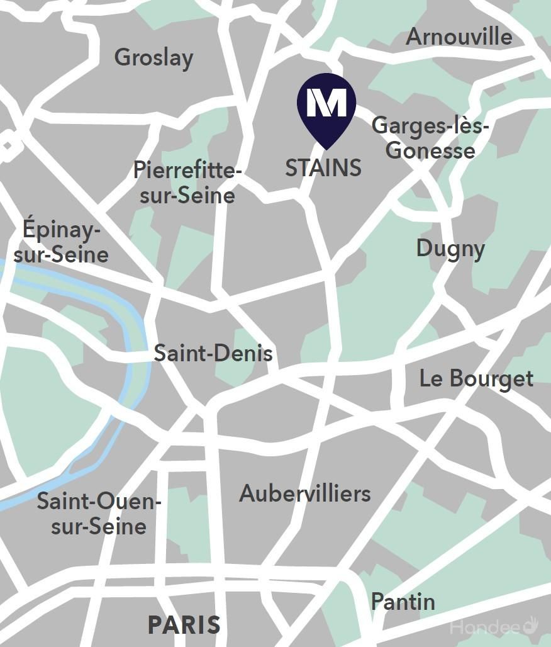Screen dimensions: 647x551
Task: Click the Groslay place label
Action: pos(153,58)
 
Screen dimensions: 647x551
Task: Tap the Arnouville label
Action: pos(459,37)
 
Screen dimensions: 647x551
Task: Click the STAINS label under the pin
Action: pos(323,168)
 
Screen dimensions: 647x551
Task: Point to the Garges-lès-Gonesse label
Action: pos(430,138)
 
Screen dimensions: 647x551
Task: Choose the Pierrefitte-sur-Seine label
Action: pos(187,183)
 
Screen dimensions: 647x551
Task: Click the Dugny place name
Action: pos(450,249)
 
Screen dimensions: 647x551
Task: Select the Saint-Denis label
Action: pos(213,353)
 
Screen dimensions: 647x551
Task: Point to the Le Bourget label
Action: pos(476,379)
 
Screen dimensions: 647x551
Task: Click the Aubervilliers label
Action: pos(304,493)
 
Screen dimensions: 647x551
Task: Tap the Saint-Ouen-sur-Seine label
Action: pos(99,514)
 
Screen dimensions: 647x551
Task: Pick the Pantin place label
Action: pos(403,602)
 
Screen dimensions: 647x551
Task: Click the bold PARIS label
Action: pos(184,625)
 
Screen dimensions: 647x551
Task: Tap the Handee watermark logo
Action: pos(494,626)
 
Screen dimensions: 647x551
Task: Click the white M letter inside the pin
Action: pos(326,102)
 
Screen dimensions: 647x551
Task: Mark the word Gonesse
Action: pos(430,150)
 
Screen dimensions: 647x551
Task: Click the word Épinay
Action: pos(62,230)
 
